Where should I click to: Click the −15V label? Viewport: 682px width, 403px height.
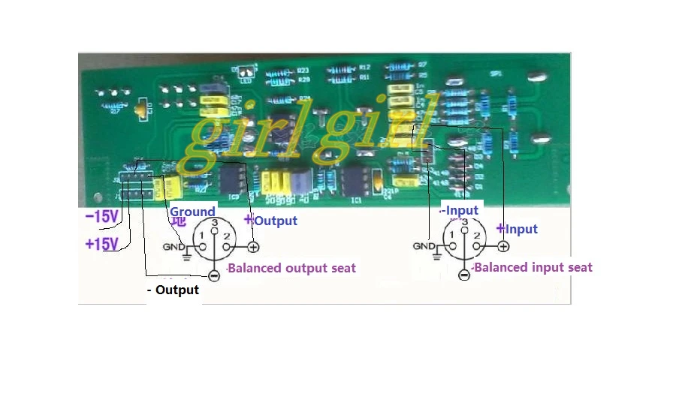tap(101, 217)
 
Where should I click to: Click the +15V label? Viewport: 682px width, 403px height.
tap(101, 244)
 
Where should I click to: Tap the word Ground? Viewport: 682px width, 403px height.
tap(192, 212)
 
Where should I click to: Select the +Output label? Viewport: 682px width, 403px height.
tap(271, 221)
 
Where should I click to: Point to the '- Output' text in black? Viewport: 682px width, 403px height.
tap(172, 290)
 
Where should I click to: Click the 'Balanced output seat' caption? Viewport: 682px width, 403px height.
tap(291, 268)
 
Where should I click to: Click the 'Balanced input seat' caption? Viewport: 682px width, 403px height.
tap(533, 267)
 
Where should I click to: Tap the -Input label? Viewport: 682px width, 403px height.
tap(460, 210)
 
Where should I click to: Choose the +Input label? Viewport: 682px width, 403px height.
tap(517, 229)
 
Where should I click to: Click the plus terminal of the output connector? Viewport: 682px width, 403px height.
tap(254, 247)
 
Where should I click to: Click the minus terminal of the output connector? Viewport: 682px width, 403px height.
tap(214, 275)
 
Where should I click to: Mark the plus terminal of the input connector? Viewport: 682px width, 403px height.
tap(503, 247)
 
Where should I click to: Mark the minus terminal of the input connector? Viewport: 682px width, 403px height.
tap(464, 275)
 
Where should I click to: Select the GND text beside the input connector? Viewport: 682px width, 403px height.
tap(424, 247)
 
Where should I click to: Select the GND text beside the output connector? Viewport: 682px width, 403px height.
tap(174, 247)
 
